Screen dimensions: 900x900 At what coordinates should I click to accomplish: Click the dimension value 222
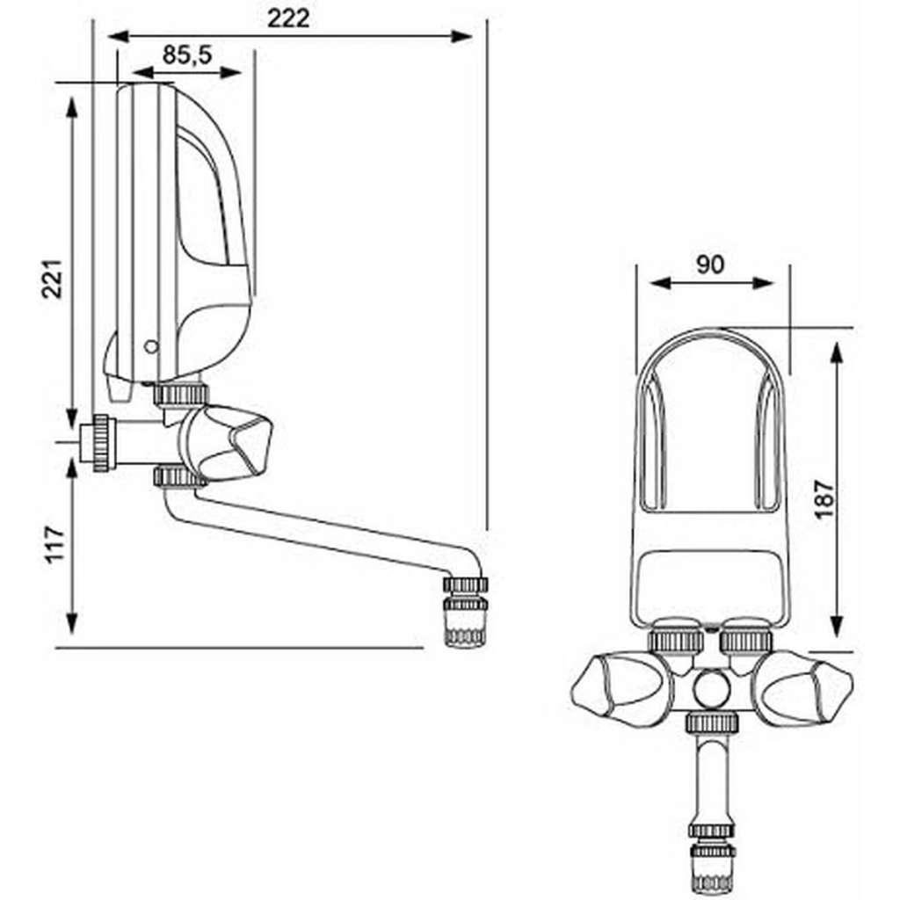(x=288, y=18)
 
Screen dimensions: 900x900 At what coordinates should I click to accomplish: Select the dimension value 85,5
(x=188, y=54)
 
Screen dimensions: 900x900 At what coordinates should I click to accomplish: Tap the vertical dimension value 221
(x=53, y=279)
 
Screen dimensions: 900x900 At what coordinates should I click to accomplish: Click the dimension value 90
(x=710, y=265)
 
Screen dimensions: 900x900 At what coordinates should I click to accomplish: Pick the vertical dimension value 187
(x=826, y=498)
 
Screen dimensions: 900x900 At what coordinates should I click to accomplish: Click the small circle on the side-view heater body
(x=151, y=346)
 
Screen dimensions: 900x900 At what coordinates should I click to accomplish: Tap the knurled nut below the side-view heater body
(x=181, y=395)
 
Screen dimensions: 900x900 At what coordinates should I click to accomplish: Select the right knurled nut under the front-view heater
(x=746, y=640)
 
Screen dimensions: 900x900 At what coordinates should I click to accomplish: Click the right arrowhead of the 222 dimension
(x=461, y=37)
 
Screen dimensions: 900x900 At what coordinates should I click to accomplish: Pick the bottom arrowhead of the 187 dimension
(x=838, y=626)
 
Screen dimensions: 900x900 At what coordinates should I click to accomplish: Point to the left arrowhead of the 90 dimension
(x=661, y=283)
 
